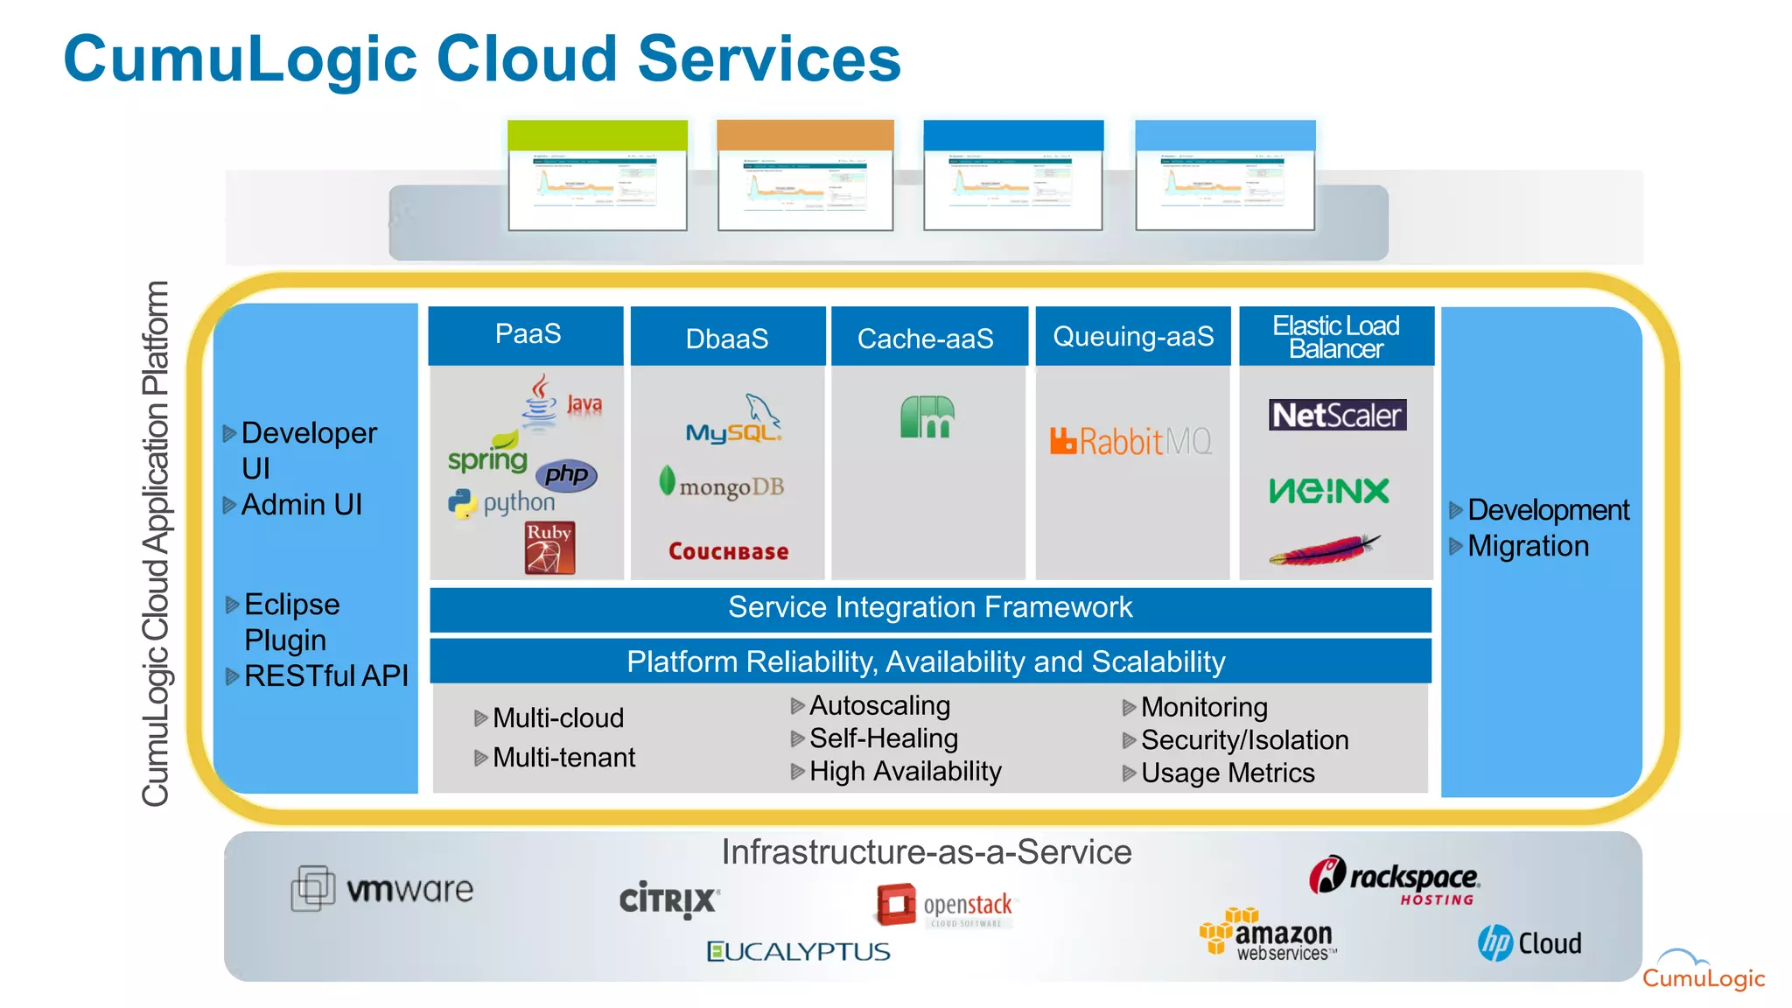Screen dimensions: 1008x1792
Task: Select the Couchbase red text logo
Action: [728, 551]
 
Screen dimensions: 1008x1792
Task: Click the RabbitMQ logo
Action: [1131, 441]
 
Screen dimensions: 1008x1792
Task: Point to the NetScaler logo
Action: [1337, 415]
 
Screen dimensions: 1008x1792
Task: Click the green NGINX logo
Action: [1328, 491]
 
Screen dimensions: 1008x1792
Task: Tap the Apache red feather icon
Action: [1324, 550]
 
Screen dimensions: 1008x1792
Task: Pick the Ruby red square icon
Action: [549, 548]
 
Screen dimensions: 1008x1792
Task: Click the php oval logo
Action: [566, 475]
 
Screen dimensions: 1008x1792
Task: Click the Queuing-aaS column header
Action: [1133, 336]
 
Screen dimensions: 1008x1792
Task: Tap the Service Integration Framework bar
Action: [930, 608]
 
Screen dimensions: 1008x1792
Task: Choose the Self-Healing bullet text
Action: [883, 738]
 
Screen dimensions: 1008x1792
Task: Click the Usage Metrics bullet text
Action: [1227, 773]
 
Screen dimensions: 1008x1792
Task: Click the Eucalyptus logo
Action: [798, 951]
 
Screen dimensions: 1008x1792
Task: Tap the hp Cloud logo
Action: [1529, 943]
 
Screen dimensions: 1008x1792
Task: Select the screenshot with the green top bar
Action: [598, 176]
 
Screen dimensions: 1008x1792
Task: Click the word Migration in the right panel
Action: [1528, 546]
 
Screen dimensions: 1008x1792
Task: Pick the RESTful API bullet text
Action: [325, 676]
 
